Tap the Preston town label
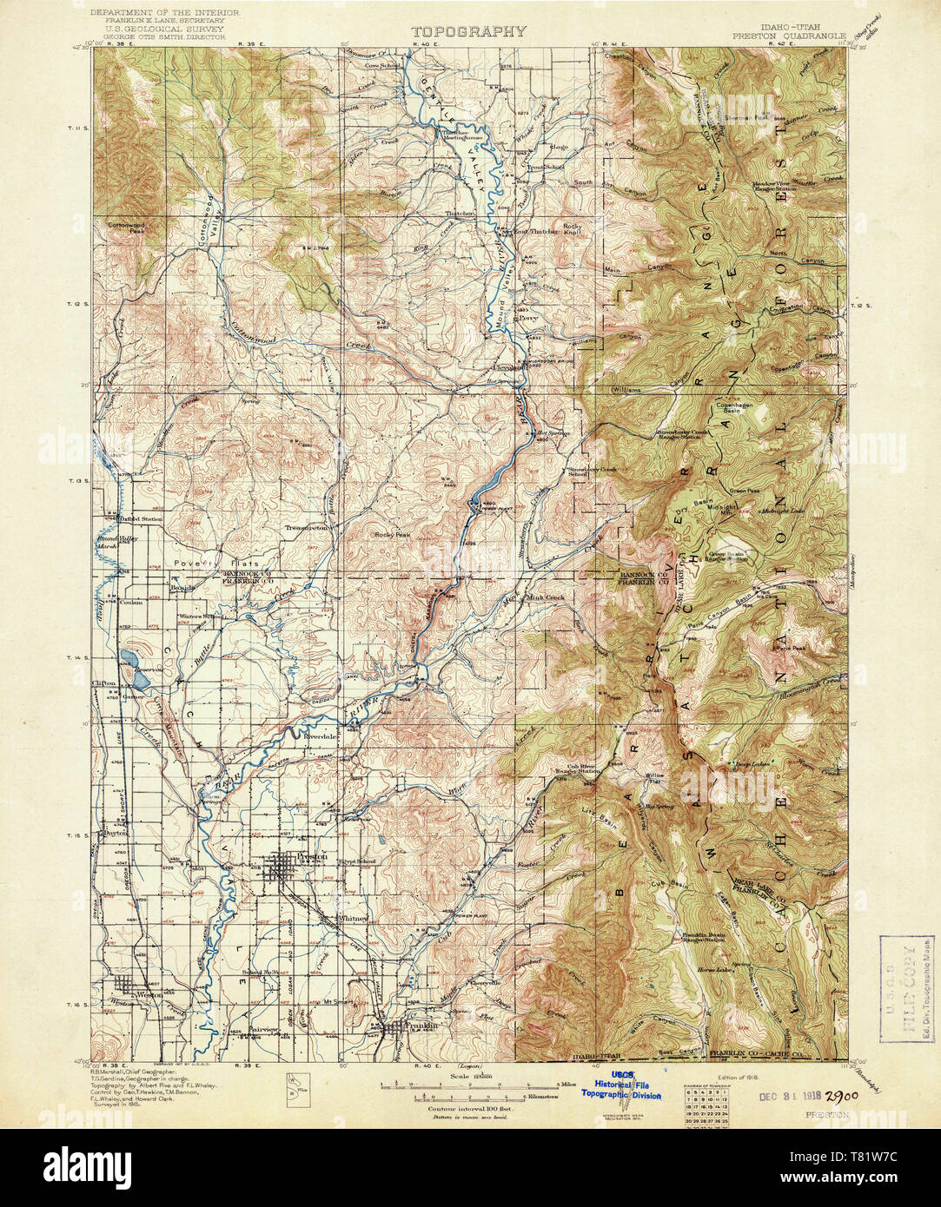(x=311, y=856)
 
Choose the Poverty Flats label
(x=204, y=563)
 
